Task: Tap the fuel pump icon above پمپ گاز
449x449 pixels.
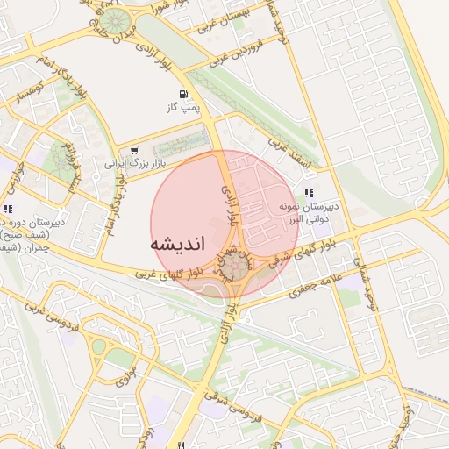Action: point(182,95)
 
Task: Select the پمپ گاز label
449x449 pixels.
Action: point(185,108)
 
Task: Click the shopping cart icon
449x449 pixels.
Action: point(133,151)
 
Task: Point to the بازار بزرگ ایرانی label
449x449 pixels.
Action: point(135,164)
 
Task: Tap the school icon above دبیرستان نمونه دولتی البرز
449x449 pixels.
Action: point(308,193)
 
